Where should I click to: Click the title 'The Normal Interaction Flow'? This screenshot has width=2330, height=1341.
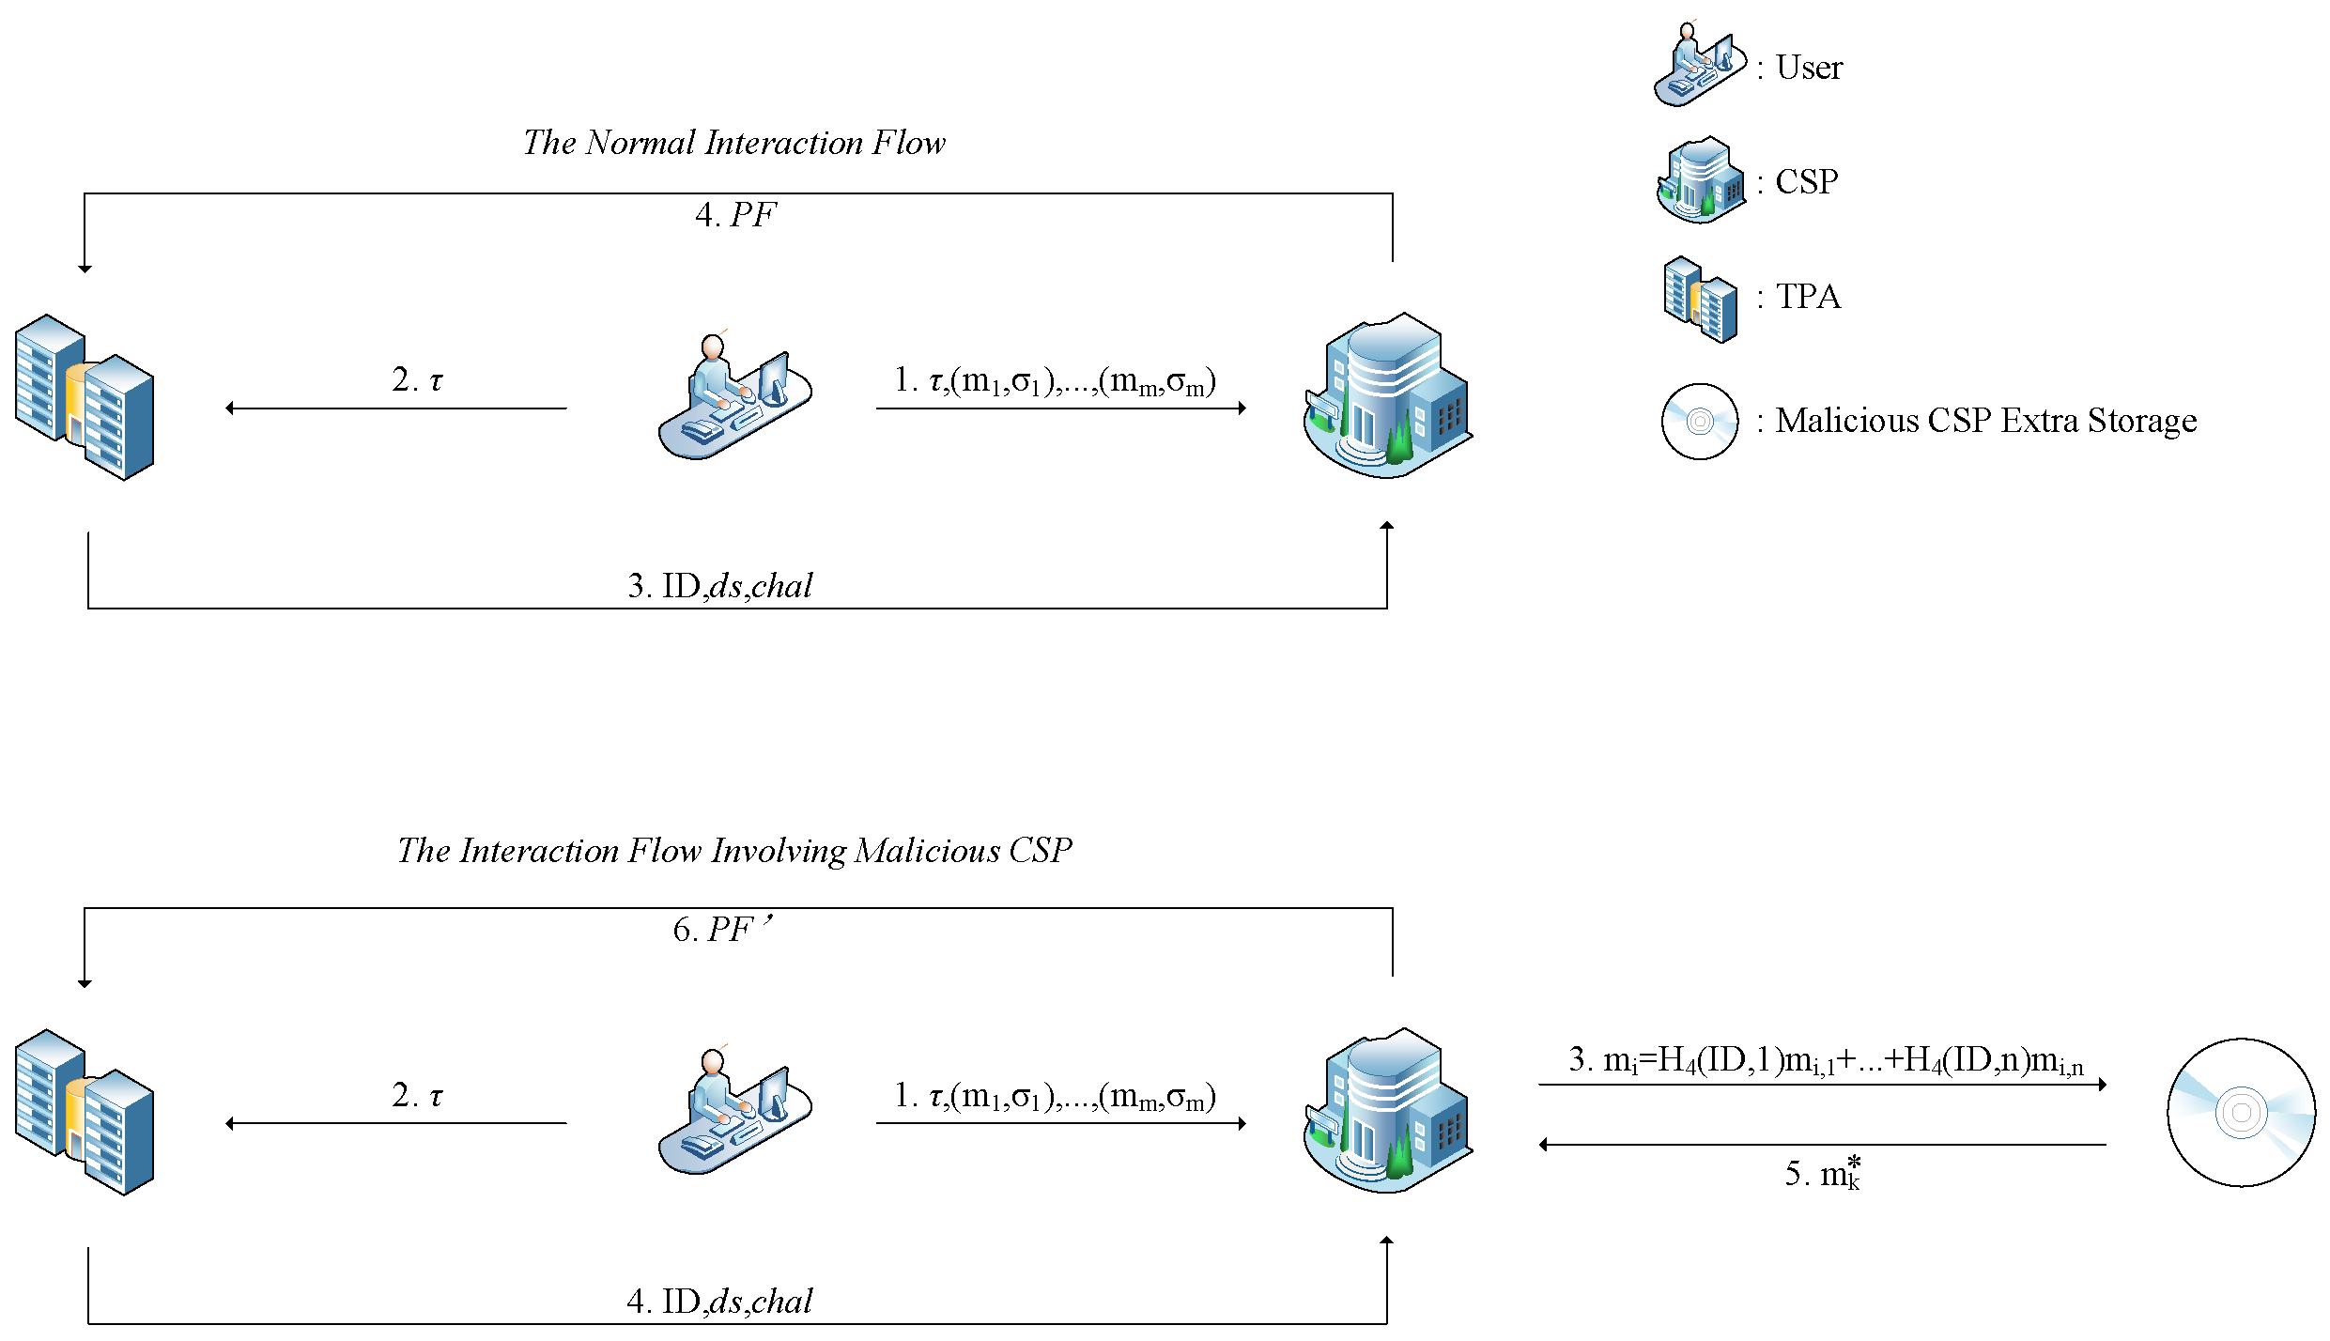point(734,143)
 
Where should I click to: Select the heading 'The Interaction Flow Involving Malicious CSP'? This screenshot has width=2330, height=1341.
point(734,851)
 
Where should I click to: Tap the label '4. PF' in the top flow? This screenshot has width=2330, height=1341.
point(736,215)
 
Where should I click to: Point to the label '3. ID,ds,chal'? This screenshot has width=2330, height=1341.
point(720,586)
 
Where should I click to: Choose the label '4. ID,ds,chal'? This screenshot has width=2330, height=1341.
point(720,1302)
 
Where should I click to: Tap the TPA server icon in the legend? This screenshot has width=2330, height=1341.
point(1700,300)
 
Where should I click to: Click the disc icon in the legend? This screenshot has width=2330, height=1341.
point(1700,422)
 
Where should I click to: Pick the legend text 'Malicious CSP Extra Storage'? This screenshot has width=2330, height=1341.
point(1986,421)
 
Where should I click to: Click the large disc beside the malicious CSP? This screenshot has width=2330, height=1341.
point(2242,1113)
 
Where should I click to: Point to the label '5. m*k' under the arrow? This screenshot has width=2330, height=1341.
point(1823,1174)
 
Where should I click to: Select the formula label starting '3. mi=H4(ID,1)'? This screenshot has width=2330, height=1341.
point(1827,1061)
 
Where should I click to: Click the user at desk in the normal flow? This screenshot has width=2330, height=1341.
point(735,395)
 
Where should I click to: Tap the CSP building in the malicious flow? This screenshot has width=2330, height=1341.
point(1388,1111)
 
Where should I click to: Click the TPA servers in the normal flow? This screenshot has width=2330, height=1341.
point(85,397)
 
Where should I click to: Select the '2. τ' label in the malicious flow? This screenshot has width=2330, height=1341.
point(417,1096)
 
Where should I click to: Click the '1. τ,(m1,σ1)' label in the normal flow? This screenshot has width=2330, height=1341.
point(1056,381)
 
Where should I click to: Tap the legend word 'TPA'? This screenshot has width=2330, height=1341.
point(1809,297)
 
